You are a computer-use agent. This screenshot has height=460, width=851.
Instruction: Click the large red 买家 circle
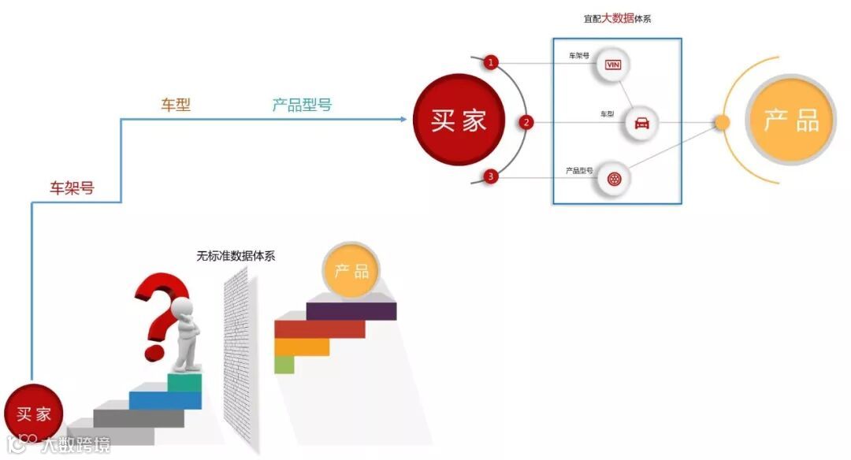click(x=459, y=120)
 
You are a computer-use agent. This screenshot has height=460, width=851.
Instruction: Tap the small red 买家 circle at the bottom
click(x=34, y=414)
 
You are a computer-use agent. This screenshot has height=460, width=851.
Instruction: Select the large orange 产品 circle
click(x=790, y=120)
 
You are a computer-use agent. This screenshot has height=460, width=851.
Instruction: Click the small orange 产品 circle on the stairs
click(x=351, y=272)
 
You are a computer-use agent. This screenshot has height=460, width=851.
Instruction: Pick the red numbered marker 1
click(x=491, y=62)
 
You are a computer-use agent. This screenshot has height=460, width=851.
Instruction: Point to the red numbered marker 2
click(x=526, y=122)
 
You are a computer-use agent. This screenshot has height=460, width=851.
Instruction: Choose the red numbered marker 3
click(x=491, y=176)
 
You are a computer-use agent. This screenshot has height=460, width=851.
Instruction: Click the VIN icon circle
click(x=613, y=63)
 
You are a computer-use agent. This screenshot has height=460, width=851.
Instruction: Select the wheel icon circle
click(x=614, y=178)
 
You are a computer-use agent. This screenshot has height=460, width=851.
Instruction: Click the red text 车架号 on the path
click(x=72, y=188)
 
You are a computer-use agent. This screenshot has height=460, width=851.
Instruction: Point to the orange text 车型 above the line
click(x=176, y=105)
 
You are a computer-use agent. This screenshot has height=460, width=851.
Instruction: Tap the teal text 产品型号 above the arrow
click(x=302, y=105)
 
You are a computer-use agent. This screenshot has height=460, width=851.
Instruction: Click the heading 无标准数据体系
click(x=236, y=256)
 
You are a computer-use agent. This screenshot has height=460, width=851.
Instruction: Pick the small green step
click(x=284, y=365)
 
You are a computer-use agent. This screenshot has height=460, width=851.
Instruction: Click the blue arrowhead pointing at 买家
click(x=403, y=120)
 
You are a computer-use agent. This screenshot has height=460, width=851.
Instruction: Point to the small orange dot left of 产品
click(x=722, y=122)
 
